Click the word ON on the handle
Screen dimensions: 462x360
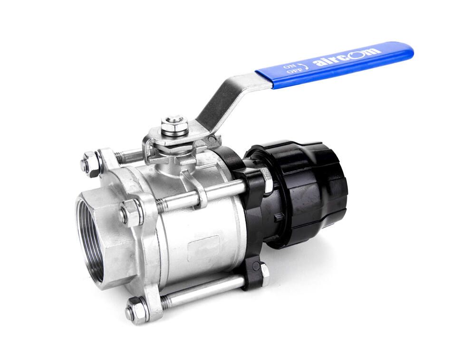click(x=288, y=66)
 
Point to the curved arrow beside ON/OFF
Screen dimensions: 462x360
click(x=303, y=66)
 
